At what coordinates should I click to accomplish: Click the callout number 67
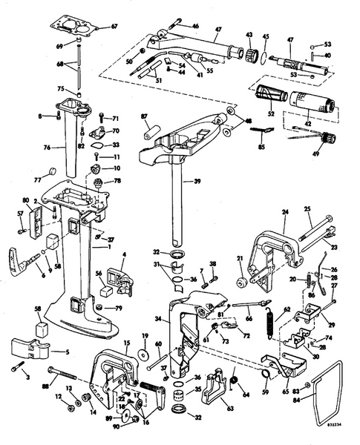114,27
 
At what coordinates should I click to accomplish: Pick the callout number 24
284,212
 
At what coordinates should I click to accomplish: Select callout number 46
195,26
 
